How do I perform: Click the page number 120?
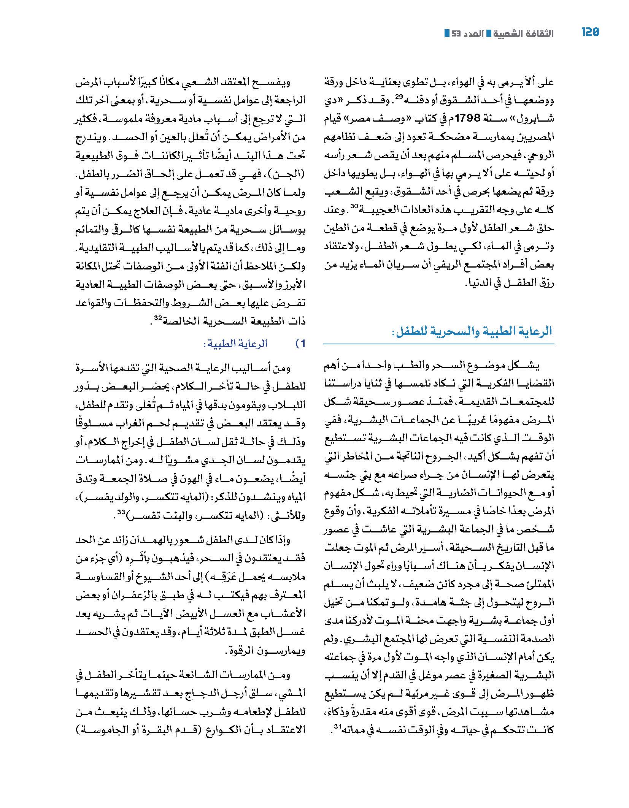(x=590, y=32)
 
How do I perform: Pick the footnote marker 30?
(x=354, y=207)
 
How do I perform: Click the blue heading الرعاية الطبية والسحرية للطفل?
(x=471, y=331)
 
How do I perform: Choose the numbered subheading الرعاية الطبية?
(x=235, y=344)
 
